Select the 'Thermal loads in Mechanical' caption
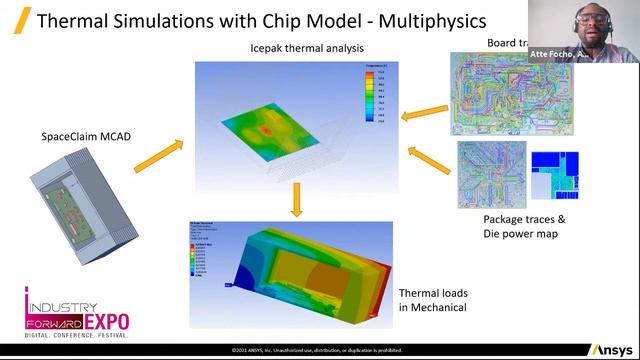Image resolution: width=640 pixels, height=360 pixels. coord(433,300)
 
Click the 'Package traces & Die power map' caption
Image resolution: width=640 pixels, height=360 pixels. coord(525,226)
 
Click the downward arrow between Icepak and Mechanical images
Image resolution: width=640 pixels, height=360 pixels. coord(295,201)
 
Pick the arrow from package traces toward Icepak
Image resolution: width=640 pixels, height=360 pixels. coord(429,161)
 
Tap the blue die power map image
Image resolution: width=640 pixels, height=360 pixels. coord(554,176)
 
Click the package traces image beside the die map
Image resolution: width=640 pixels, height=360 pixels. coord(491,175)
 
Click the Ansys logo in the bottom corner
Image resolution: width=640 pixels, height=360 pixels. coord(610,349)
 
